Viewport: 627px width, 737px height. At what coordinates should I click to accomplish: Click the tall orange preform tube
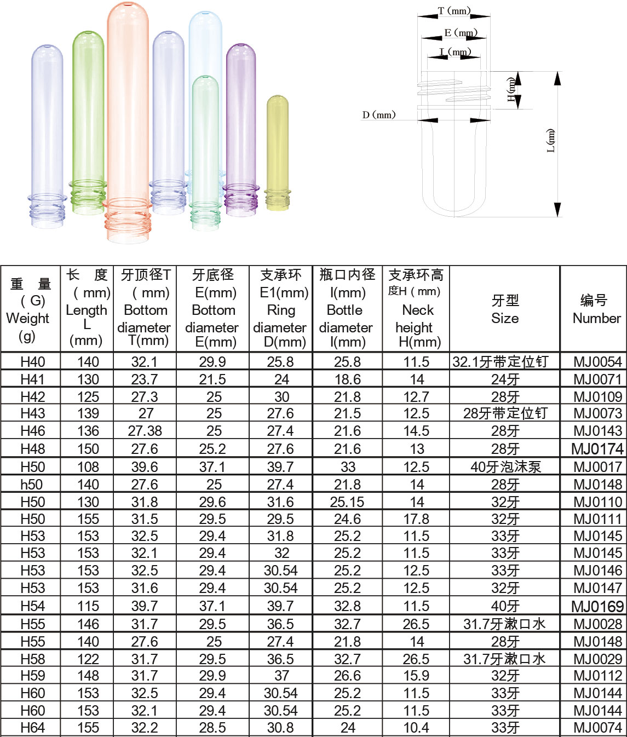pos(128,110)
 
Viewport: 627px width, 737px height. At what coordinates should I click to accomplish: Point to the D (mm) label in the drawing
pos(378,115)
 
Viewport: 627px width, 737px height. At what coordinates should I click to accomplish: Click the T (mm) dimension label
pos(454,11)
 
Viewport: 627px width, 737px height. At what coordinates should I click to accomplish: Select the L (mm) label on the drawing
pos(551,140)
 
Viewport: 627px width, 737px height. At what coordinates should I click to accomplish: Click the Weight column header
pos(28,309)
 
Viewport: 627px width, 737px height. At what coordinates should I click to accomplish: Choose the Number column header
pos(596,309)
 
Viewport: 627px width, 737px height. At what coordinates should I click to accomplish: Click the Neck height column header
pos(417,309)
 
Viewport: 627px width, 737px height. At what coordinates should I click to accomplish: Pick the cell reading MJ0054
pos(597,362)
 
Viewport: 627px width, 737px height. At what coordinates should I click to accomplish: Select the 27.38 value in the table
pos(145,431)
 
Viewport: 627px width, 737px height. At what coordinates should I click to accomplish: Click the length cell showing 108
pos(88,467)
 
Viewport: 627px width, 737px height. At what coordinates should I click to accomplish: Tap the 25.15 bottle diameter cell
pos(347,502)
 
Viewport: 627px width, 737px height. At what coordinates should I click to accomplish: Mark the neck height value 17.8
pos(416,519)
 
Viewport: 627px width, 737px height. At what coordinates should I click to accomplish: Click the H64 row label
pos(32,728)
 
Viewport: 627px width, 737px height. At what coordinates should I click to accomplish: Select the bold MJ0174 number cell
pos(597,449)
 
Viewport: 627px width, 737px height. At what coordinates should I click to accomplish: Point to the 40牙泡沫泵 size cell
pos(505,467)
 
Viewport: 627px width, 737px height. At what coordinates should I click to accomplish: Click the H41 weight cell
pos(32,379)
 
